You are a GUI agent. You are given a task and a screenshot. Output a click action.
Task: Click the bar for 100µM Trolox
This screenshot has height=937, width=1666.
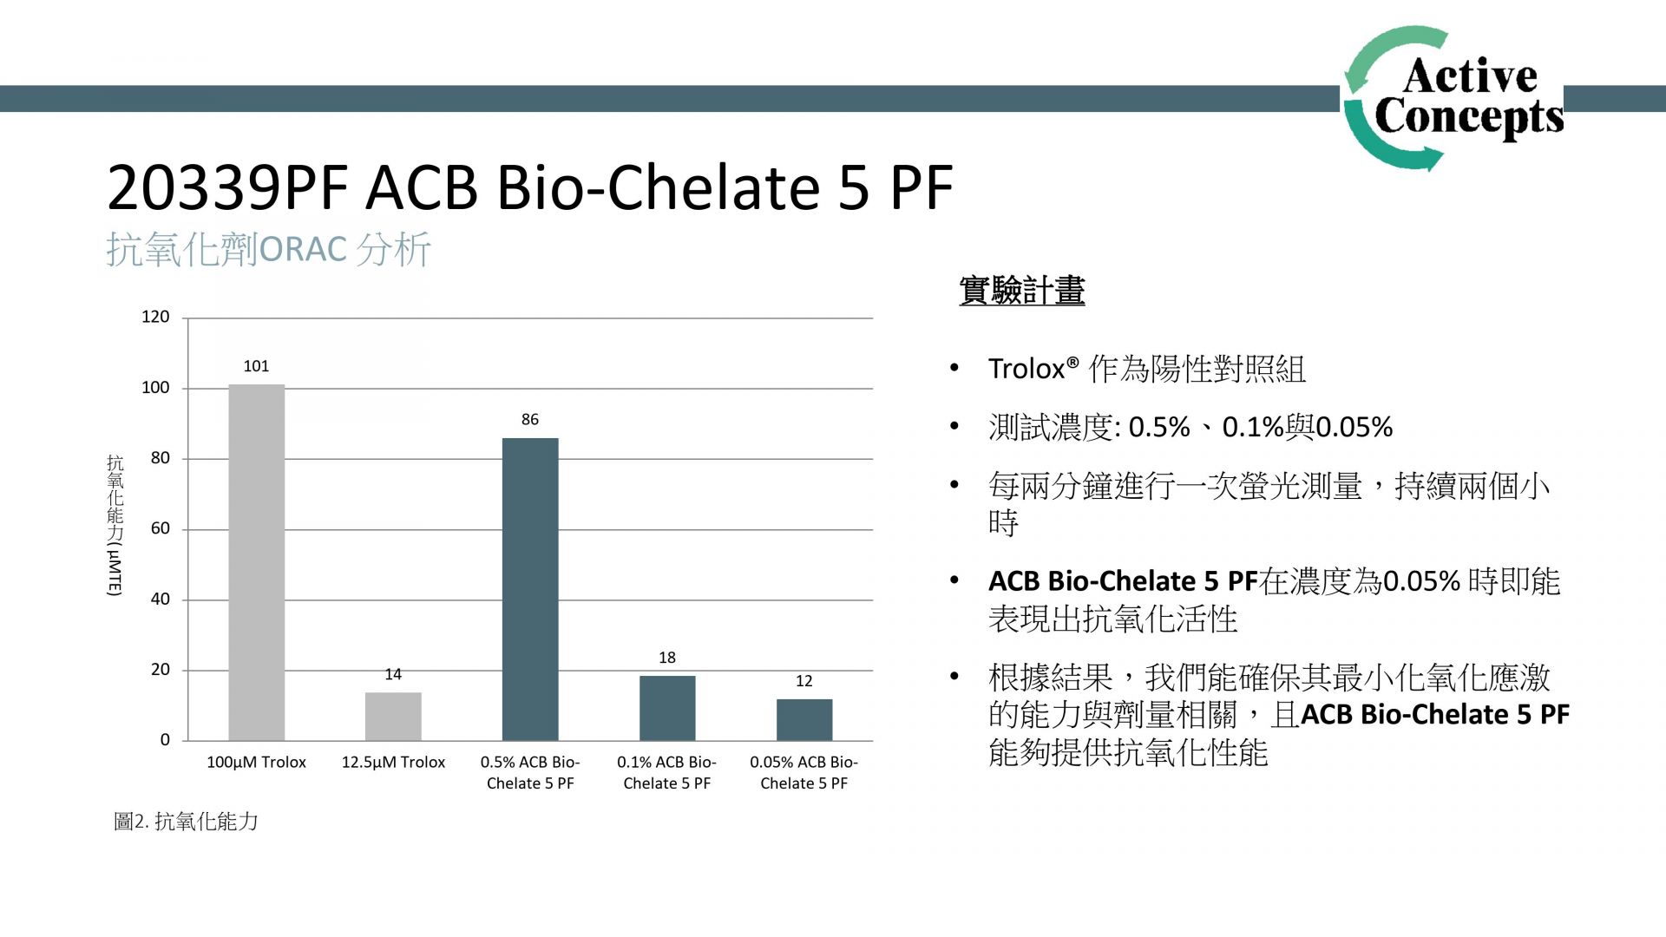(x=256, y=562)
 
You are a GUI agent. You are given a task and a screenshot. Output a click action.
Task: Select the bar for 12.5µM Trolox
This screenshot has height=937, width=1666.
(x=393, y=717)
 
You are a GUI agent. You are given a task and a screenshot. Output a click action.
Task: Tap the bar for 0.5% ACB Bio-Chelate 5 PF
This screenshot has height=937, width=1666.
(x=530, y=589)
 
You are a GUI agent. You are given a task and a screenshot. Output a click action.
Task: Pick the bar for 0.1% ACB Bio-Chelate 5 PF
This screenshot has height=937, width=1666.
(x=667, y=708)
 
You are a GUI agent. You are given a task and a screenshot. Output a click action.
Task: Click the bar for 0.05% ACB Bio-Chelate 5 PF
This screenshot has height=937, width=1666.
(x=804, y=720)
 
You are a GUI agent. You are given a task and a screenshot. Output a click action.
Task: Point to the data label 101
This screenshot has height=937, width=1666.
(x=256, y=366)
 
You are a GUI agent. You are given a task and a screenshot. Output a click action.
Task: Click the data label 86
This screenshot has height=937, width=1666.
(x=530, y=420)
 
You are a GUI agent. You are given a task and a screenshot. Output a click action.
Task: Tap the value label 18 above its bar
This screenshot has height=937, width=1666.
(x=667, y=658)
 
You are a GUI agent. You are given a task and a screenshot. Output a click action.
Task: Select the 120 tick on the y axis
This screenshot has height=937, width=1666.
(x=155, y=317)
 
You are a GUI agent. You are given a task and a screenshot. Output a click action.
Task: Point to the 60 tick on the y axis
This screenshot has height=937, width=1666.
(x=161, y=528)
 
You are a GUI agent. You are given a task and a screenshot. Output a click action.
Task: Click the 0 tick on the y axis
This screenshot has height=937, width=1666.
(x=165, y=740)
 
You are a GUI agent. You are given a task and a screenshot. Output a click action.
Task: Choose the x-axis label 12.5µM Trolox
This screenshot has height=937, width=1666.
(x=393, y=763)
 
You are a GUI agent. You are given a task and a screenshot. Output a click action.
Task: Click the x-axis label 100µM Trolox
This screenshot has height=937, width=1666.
(x=256, y=763)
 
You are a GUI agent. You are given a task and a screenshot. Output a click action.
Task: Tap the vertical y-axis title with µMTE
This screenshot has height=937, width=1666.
(x=115, y=525)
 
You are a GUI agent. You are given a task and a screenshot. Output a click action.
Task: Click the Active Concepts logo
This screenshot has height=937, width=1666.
(x=1453, y=98)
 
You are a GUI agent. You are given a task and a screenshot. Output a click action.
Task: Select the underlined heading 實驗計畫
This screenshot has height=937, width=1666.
(x=1022, y=291)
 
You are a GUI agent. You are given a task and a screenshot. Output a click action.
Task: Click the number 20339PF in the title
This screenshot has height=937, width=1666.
(x=227, y=187)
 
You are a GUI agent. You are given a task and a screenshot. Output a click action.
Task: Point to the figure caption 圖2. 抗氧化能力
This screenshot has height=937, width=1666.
(x=186, y=822)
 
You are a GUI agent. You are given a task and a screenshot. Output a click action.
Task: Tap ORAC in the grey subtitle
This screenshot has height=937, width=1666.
(x=303, y=250)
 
